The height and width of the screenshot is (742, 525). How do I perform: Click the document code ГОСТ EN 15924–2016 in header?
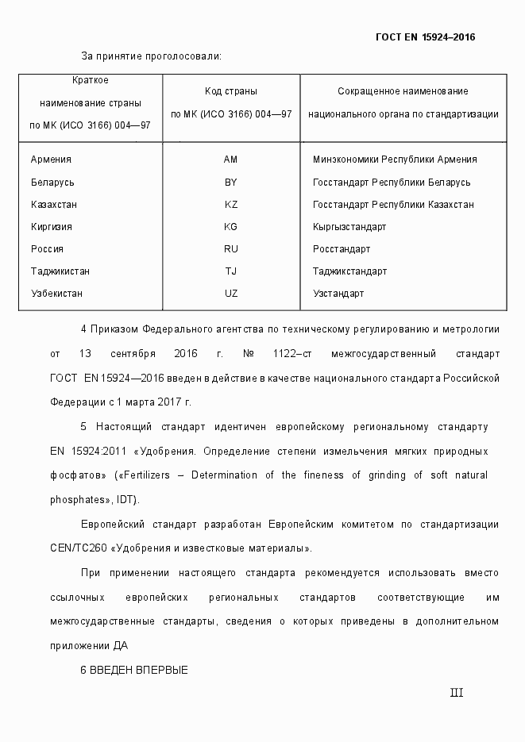[x=425, y=37]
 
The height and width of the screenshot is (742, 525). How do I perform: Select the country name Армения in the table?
[x=51, y=160]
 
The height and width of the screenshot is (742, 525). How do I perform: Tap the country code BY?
[x=231, y=183]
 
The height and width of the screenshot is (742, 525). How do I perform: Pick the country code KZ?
[x=231, y=205]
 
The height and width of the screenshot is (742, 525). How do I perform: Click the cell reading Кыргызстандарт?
[x=349, y=227]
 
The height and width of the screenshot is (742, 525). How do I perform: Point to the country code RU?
[x=231, y=249]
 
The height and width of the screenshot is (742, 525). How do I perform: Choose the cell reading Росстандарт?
[x=342, y=249]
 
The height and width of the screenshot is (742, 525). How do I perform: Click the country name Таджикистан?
[x=60, y=271]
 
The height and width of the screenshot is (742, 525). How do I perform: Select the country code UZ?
[x=231, y=294]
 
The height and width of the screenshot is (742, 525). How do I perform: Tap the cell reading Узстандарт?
[x=338, y=294]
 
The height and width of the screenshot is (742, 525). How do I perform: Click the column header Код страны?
[x=231, y=92]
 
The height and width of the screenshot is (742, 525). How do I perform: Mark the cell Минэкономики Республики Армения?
[x=395, y=160]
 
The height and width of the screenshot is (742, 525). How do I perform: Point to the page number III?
[x=457, y=693]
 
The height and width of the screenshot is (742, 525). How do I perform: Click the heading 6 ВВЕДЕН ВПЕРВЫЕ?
[x=134, y=671]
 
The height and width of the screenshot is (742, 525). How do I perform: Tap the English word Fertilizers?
[x=151, y=475]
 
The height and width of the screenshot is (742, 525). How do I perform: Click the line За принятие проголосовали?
[x=151, y=56]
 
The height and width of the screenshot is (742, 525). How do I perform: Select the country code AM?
[x=231, y=160]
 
